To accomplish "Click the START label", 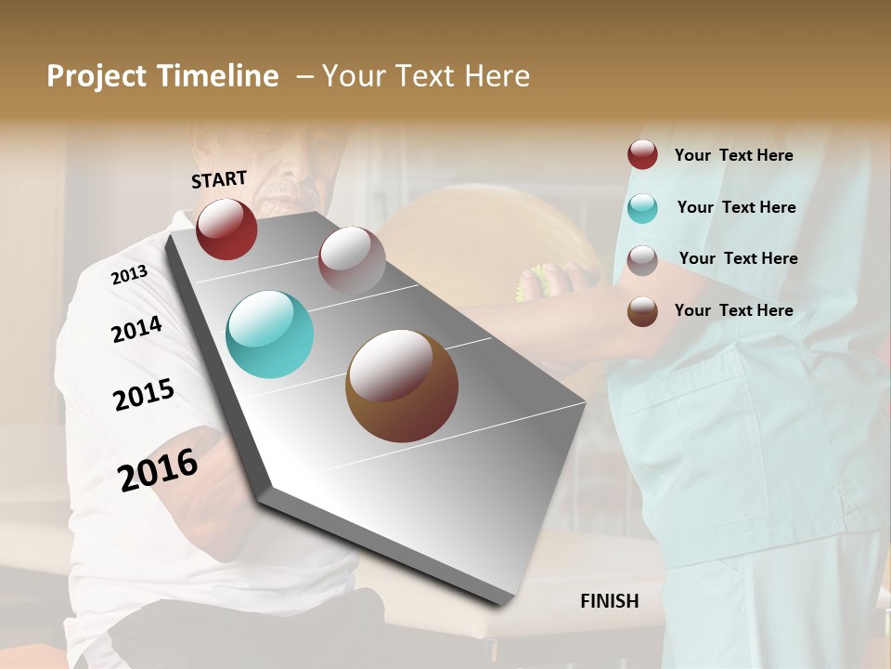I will click(219, 178).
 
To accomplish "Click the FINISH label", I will click(609, 601).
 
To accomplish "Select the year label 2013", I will click(129, 275).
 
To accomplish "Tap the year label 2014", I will click(136, 329).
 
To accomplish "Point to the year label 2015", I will click(144, 395).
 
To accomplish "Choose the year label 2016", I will click(158, 469).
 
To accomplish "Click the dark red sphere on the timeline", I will click(226, 230).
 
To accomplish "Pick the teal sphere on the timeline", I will click(269, 334).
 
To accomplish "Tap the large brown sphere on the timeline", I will click(402, 386).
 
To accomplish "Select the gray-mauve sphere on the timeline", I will click(352, 260).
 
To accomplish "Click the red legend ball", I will click(642, 155).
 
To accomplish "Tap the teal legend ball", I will click(642, 208).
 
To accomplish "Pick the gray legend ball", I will click(642, 259).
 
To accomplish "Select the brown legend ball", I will click(642, 311).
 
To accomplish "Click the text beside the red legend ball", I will click(733, 155).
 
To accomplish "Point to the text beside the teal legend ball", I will click(736, 207).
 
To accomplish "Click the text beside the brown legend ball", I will click(733, 310).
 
